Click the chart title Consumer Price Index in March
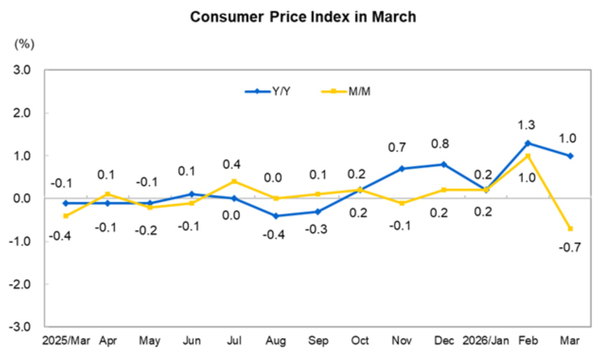click(303, 17)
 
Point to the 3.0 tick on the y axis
click(21, 70)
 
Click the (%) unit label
click(25, 44)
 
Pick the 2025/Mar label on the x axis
click(66, 341)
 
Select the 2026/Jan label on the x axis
click(486, 341)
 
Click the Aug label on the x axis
click(276, 341)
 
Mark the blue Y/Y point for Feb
click(528, 143)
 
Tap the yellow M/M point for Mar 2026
click(570, 228)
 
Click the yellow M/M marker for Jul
click(234, 181)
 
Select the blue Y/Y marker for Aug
click(276, 216)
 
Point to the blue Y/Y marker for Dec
click(444, 164)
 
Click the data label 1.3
click(528, 125)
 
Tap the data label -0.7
click(570, 246)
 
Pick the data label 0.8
click(444, 144)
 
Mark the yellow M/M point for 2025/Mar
click(66, 216)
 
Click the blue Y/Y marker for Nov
click(402, 168)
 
